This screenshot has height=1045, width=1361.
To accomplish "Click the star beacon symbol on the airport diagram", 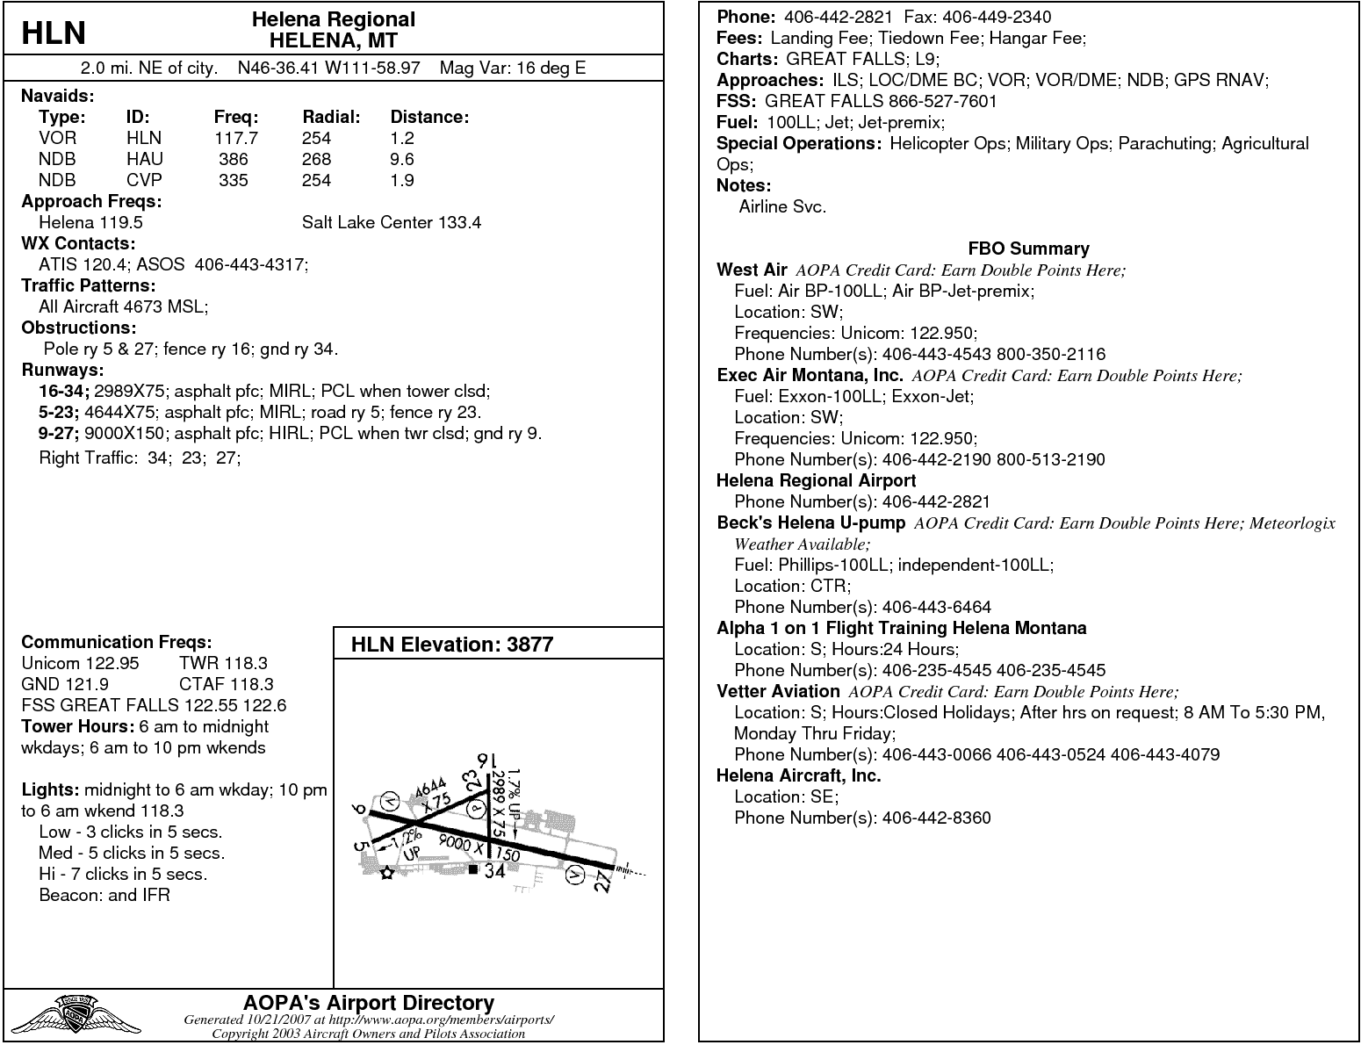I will point(386,873).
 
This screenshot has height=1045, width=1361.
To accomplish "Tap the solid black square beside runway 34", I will point(473,869).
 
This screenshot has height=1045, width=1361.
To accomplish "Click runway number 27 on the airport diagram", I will point(602,882).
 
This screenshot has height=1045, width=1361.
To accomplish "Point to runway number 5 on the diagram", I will point(360,847).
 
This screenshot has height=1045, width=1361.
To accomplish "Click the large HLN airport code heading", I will point(54,33).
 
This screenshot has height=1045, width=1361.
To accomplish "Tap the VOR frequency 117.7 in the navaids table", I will point(236,138).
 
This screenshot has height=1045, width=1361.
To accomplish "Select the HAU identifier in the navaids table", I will point(145,159).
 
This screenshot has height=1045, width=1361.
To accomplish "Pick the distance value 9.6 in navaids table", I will point(402,159).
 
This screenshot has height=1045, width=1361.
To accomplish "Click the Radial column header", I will point(331,117).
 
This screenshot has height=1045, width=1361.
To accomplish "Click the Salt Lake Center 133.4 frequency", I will point(392,222).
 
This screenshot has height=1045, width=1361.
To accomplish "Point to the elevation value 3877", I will point(529,645).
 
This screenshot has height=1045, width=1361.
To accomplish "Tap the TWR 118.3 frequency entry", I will point(223,663).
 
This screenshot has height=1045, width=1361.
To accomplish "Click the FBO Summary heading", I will point(1028,249).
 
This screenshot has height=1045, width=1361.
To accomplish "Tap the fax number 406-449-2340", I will point(990,17).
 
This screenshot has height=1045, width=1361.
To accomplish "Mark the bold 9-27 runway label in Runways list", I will point(59,433).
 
